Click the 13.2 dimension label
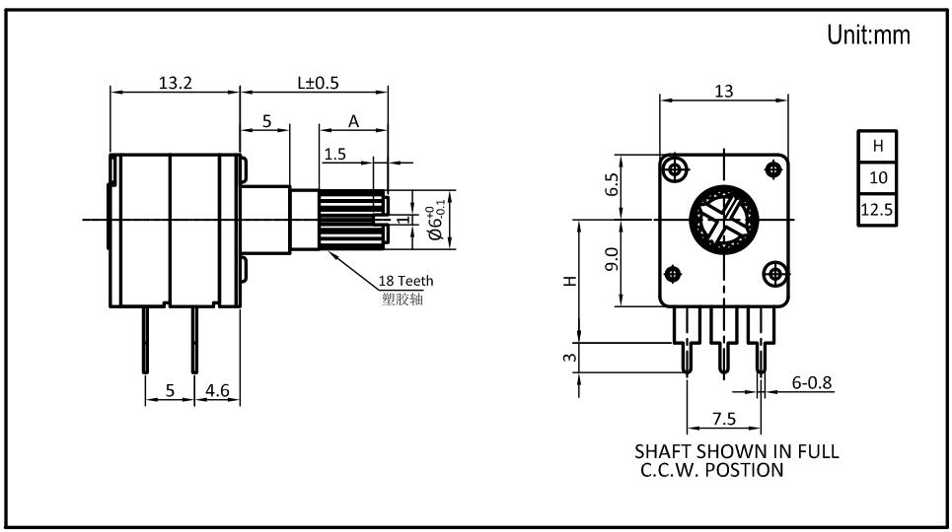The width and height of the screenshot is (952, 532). (176, 83)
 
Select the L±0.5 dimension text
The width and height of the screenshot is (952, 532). (318, 83)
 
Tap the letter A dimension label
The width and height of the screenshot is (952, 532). (353, 122)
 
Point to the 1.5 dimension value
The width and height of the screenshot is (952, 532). (334, 154)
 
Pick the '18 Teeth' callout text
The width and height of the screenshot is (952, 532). (405, 281)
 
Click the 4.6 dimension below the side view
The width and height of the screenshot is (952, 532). (217, 390)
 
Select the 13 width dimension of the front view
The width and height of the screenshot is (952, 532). (724, 91)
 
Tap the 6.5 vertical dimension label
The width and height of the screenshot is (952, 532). (612, 184)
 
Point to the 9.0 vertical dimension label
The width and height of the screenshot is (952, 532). (612, 259)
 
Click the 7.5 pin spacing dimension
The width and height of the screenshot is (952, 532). (724, 419)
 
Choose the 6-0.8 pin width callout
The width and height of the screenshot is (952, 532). (812, 382)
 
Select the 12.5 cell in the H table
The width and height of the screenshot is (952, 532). (877, 210)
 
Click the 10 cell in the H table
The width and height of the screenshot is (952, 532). (877, 177)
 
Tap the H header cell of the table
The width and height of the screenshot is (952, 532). (877, 146)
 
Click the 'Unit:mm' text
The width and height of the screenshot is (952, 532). (868, 34)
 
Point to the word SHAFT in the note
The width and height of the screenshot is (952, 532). (664, 451)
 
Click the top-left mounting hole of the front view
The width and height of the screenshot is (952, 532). (675, 168)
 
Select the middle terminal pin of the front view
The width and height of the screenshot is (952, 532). (723, 340)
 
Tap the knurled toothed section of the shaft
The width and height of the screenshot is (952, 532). (352, 220)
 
